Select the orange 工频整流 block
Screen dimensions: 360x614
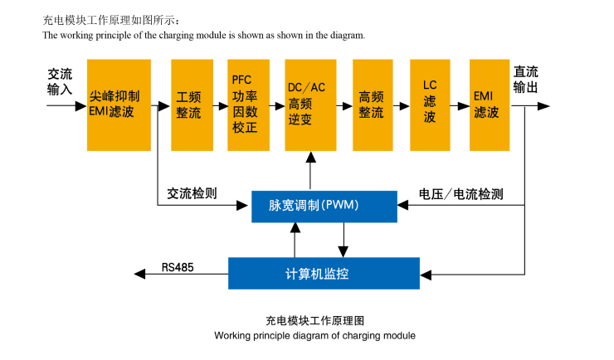[192, 105]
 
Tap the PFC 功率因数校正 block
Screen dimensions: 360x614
[248, 105]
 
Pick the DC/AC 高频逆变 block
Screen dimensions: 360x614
[309, 105]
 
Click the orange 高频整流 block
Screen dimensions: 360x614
[372, 105]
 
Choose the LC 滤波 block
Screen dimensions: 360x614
[431, 105]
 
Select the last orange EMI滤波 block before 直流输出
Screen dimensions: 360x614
[489, 105]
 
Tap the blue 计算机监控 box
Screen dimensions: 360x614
[324, 273]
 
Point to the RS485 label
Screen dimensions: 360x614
[178, 266]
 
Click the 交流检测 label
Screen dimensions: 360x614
[192, 193]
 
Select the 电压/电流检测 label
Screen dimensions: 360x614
[461, 194]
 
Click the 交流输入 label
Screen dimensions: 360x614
[61, 80]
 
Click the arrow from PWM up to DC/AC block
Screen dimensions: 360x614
[309, 170]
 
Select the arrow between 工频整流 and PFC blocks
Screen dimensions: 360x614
[220, 106]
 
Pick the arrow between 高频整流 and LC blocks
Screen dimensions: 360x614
[402, 106]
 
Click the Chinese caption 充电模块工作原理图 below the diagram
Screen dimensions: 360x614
[315, 320]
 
